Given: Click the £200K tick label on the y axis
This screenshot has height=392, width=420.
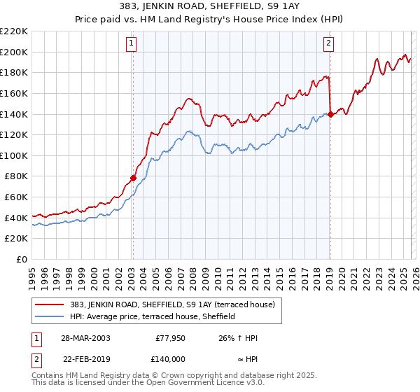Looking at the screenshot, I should coord(14,52).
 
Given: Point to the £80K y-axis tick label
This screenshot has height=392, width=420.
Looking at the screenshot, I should coord(16,176).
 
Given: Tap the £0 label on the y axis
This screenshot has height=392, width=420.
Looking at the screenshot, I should coord(22,260).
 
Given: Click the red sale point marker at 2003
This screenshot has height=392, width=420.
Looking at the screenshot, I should coord(133,178).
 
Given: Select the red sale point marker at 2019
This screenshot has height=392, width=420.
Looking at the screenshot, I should coord(330,114).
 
